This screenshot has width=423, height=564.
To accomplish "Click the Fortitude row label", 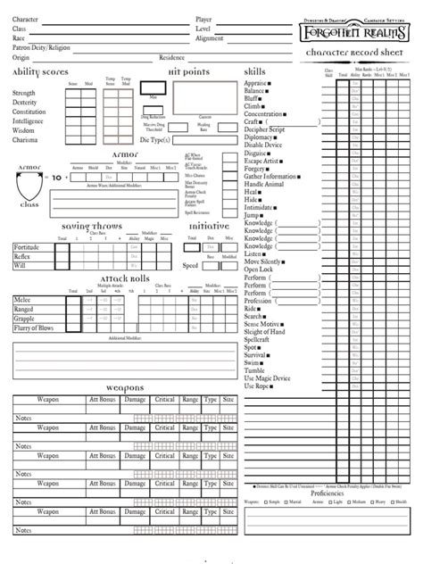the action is pos(27,246).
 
